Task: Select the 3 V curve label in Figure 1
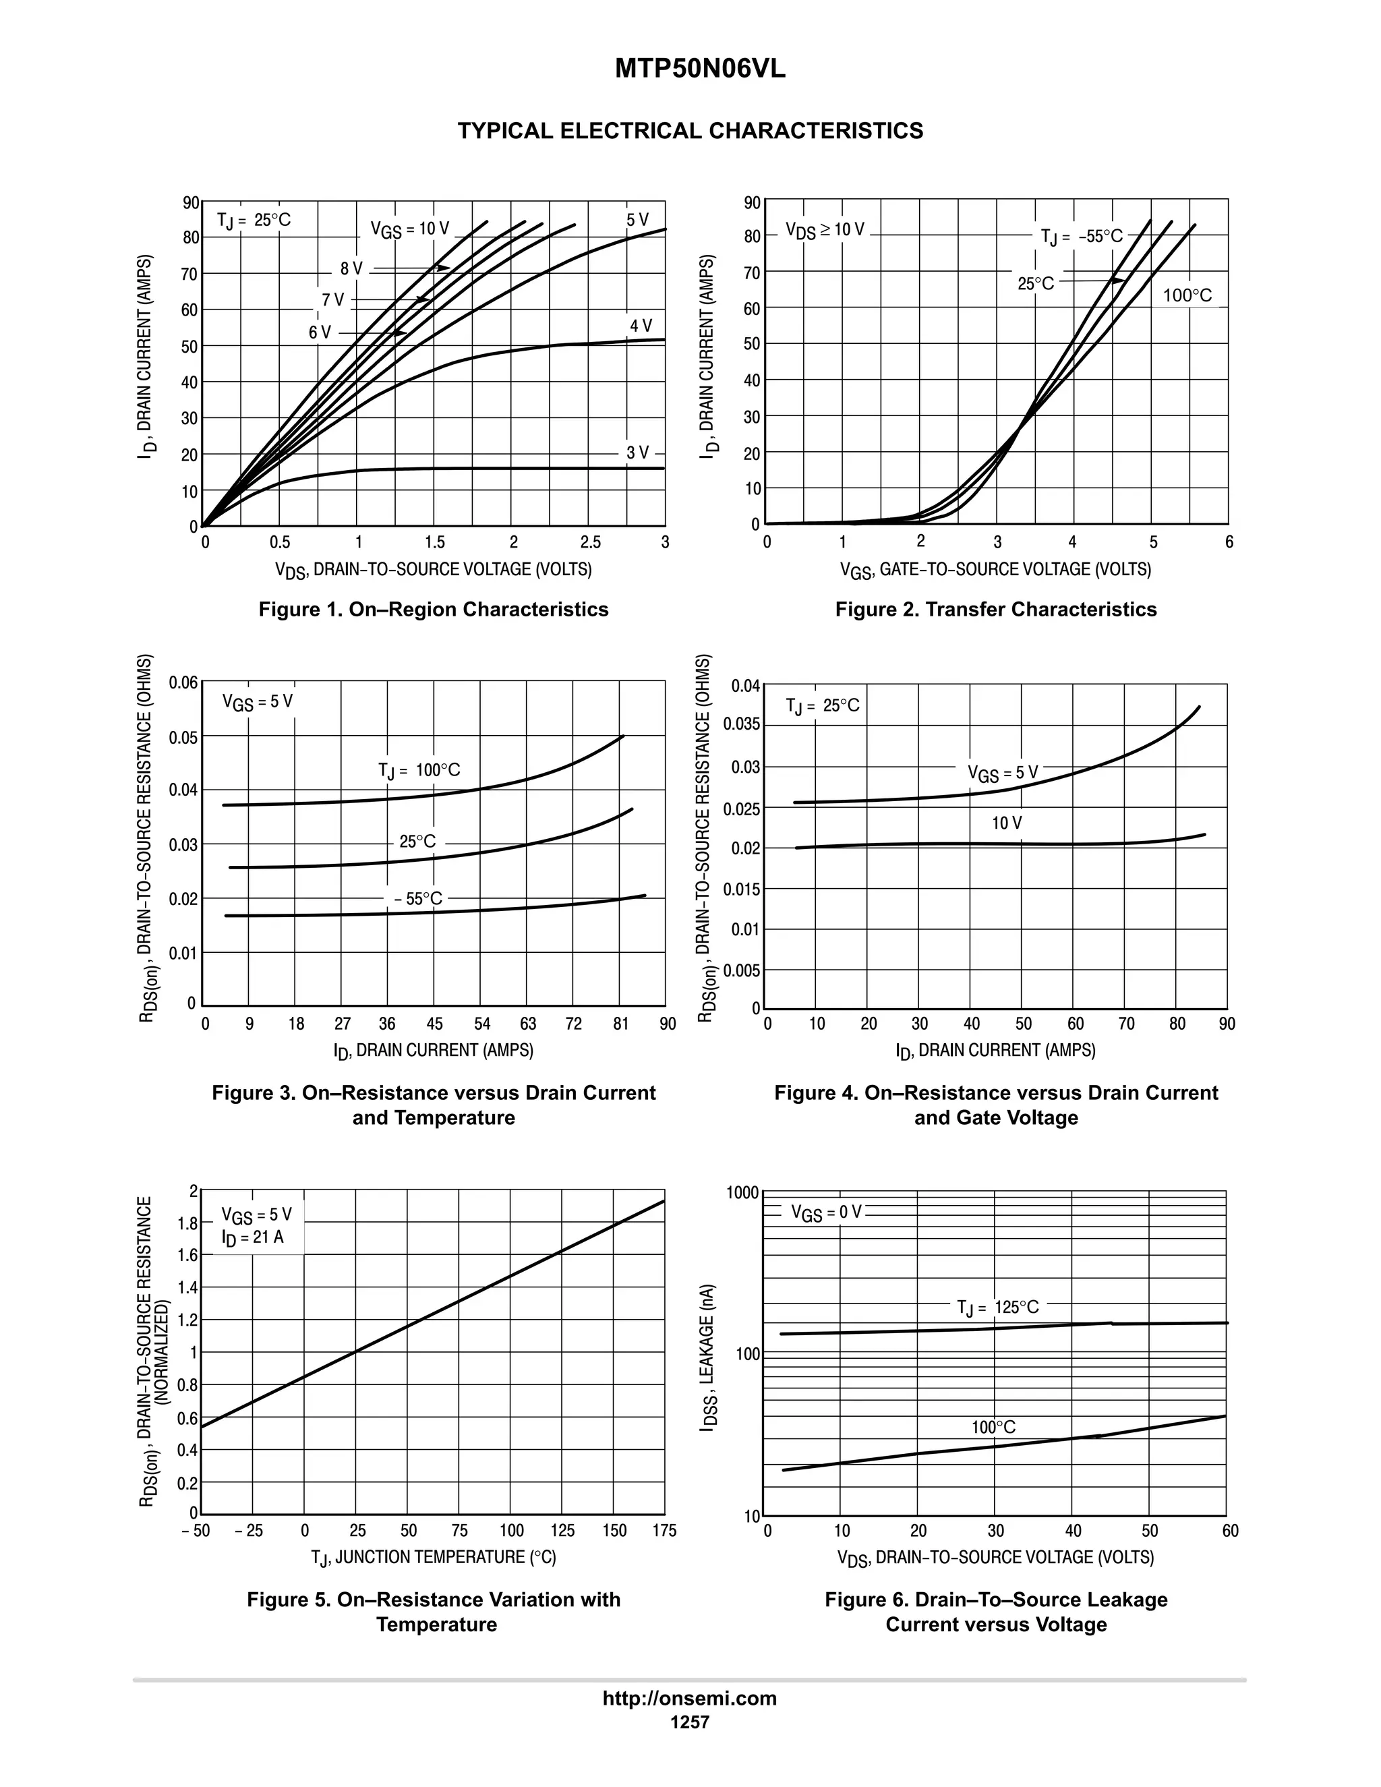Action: [x=637, y=452]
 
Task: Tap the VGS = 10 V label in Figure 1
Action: [x=409, y=229]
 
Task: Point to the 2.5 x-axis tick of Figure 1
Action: [x=590, y=542]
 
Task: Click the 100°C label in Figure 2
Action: [x=1187, y=295]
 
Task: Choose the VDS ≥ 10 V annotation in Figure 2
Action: [x=825, y=230]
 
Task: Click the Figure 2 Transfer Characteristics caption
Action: [x=996, y=610]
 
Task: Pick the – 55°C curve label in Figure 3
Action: [x=418, y=898]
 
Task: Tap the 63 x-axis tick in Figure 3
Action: [x=528, y=1024]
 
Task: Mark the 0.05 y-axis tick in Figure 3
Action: [x=184, y=737]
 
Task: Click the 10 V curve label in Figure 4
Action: [x=1006, y=823]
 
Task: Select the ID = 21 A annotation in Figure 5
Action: [x=253, y=1237]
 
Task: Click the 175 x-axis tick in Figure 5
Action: [x=664, y=1531]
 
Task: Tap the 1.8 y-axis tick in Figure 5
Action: [x=188, y=1224]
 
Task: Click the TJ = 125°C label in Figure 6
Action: [x=997, y=1308]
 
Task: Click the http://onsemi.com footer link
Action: [x=690, y=1699]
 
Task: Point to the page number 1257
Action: [x=690, y=1722]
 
